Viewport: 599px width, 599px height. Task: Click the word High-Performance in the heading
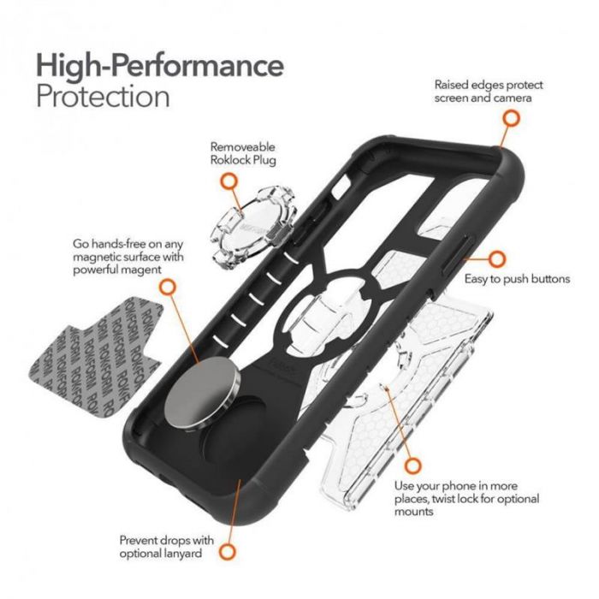(159, 65)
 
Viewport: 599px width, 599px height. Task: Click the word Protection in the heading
(103, 96)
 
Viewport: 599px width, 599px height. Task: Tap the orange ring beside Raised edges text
(509, 120)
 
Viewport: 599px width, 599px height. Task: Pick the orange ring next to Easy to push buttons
(496, 258)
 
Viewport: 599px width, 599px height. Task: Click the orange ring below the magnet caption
(169, 288)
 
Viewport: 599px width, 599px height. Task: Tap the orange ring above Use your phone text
(413, 466)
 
